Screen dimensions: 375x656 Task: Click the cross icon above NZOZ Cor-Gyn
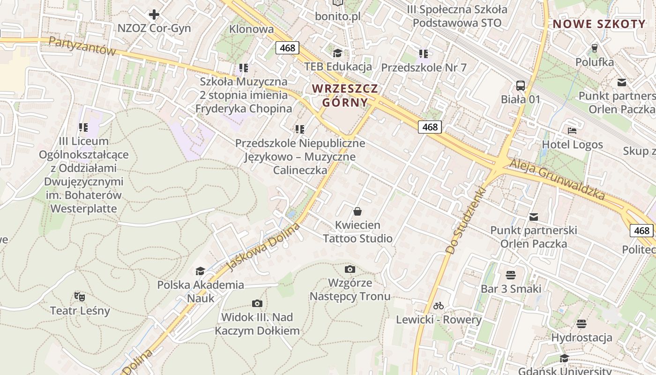click(154, 15)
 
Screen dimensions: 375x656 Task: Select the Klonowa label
click(252, 29)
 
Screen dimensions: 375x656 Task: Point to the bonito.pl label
click(337, 16)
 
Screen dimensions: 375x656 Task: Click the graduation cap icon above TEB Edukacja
click(337, 52)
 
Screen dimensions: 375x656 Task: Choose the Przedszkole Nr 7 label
click(424, 67)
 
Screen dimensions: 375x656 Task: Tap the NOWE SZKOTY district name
click(599, 24)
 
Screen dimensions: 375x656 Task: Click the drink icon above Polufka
click(595, 48)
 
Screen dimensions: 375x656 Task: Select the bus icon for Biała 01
click(521, 86)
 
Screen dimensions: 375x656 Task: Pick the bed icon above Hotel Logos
click(572, 130)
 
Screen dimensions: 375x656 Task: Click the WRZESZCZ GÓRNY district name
click(345, 95)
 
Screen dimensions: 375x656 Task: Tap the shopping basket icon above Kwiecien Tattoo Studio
click(358, 211)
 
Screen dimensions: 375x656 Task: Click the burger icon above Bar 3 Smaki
click(511, 275)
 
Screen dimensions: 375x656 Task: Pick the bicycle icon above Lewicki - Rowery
click(439, 306)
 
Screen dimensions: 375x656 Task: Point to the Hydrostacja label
click(581, 337)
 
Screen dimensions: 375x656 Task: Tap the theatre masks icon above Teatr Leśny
click(80, 296)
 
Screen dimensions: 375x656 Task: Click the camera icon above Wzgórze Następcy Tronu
click(350, 269)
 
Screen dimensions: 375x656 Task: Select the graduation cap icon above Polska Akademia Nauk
click(200, 271)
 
